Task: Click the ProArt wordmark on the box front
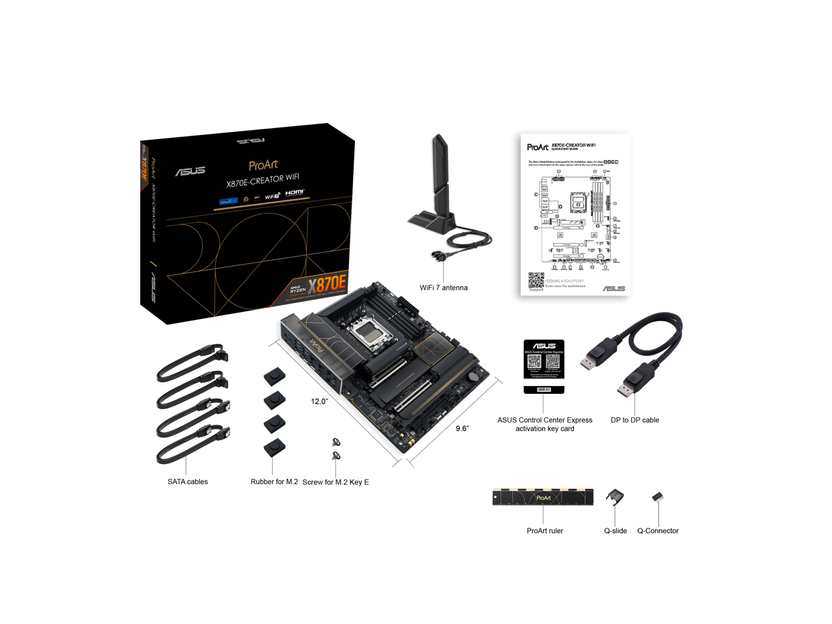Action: [x=263, y=165]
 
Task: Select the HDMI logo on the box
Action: [x=294, y=193]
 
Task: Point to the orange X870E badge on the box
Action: [x=328, y=285]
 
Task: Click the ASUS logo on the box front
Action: [x=190, y=171]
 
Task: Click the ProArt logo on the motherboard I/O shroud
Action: [x=315, y=343]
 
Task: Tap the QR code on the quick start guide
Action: [x=536, y=280]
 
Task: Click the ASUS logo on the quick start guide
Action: [x=613, y=288]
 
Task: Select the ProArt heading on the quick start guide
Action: [x=537, y=148]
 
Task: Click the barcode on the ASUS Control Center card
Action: [x=544, y=389]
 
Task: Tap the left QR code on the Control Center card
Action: [x=534, y=361]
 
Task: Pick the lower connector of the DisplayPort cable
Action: [x=625, y=388]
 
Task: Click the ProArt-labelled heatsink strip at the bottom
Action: [x=543, y=497]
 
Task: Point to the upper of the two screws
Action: [x=335, y=442]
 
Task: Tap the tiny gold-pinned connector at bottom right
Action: [x=658, y=497]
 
